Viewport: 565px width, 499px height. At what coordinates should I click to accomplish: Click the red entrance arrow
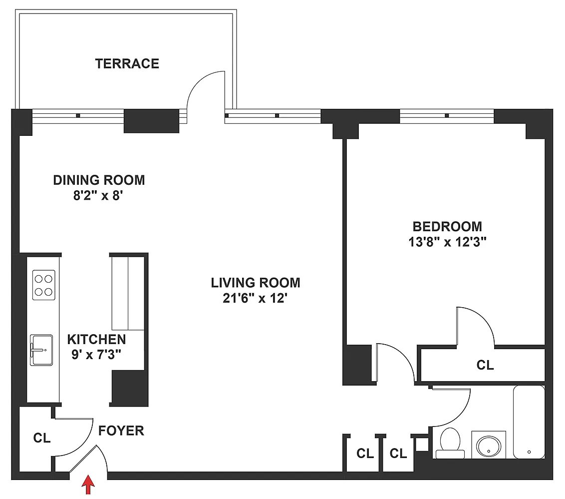tap(88, 485)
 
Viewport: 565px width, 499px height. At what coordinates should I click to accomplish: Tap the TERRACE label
tap(127, 64)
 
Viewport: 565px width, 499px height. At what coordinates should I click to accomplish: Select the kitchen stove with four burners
tap(43, 285)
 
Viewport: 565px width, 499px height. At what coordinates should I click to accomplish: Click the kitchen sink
tap(41, 350)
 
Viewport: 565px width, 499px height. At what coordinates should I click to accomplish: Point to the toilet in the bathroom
tap(450, 443)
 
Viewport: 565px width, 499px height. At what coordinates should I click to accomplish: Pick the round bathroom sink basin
tap(489, 446)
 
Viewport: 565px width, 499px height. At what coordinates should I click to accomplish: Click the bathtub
tap(529, 422)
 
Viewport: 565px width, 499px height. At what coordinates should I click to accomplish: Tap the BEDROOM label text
tap(447, 226)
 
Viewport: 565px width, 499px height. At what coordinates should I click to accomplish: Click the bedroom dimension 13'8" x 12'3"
tap(447, 242)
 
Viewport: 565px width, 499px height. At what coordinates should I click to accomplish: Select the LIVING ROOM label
tap(256, 283)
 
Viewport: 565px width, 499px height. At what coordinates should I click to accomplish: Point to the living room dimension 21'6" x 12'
tap(255, 298)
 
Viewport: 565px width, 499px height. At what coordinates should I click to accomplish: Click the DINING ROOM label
tap(99, 180)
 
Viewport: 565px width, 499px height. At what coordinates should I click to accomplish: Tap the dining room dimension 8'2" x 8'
tap(98, 195)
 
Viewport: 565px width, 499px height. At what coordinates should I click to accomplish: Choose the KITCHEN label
tap(96, 339)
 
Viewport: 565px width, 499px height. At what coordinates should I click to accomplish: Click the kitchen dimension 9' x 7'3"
tap(96, 355)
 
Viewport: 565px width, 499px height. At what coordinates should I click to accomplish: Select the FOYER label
tap(121, 431)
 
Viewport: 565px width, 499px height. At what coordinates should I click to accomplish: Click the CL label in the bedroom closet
tap(485, 365)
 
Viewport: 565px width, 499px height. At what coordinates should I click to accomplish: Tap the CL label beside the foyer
tap(42, 438)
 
